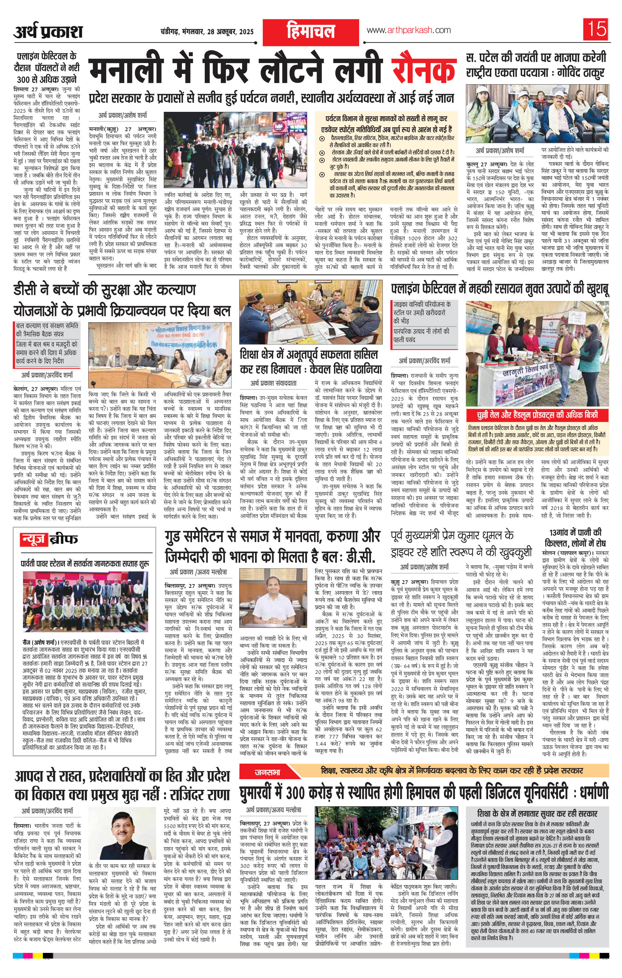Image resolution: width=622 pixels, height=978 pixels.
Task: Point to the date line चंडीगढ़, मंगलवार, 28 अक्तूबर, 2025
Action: coord(206,31)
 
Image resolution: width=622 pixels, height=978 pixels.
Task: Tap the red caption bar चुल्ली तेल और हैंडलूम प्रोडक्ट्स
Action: coord(537,415)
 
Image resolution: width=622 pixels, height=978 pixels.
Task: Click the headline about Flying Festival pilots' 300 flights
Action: coord(46,67)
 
